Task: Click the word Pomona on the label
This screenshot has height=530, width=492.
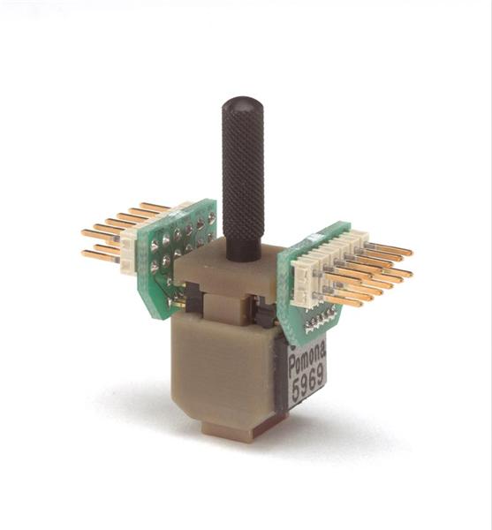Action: (307, 360)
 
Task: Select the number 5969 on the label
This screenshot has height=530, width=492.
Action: (308, 383)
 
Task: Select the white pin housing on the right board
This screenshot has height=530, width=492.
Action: (324, 267)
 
